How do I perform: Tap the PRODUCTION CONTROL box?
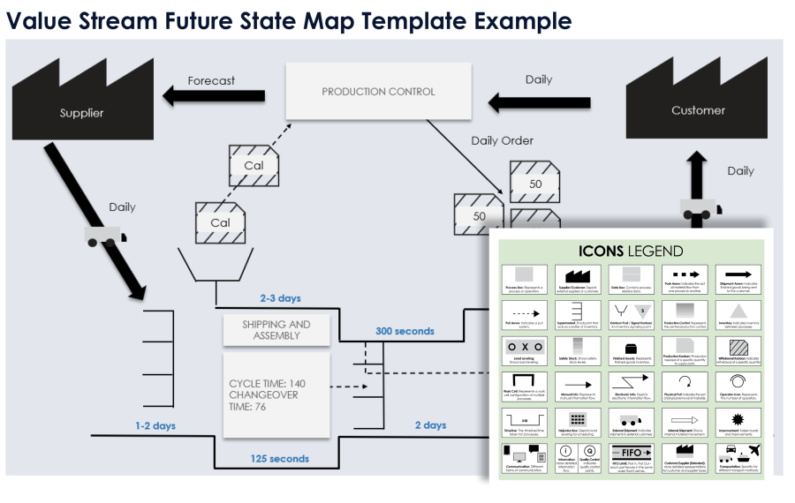coord(378,92)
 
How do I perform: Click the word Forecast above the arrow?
coord(211,80)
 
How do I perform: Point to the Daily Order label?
coord(502,140)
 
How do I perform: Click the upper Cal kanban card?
coord(254,165)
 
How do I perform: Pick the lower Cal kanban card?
coord(220,222)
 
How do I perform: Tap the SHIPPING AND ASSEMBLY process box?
coord(276,330)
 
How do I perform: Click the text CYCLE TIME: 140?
coord(267,383)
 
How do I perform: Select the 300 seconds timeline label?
coord(405,331)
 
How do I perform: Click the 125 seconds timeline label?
coord(279,458)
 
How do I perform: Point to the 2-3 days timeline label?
coord(280,298)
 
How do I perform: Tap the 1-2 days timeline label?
coord(155,425)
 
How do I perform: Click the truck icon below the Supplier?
coord(105,235)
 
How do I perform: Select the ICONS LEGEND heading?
coord(631,251)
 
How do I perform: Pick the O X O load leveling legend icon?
coord(524,348)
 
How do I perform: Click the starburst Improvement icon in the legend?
coord(738,417)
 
